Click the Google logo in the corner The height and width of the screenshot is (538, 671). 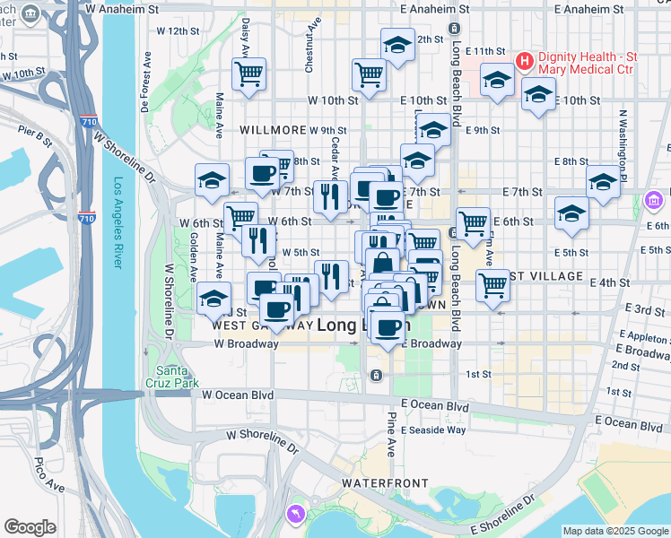pos(30,527)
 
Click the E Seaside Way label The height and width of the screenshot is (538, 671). pos(433,430)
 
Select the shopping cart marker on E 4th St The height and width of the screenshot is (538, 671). pos(492,284)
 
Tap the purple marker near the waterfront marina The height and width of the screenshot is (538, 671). pos(293,513)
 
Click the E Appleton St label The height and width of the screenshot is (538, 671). pos(643,339)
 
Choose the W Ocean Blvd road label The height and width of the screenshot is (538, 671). pos(237,394)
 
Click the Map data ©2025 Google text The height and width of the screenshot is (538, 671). pos(615,530)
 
